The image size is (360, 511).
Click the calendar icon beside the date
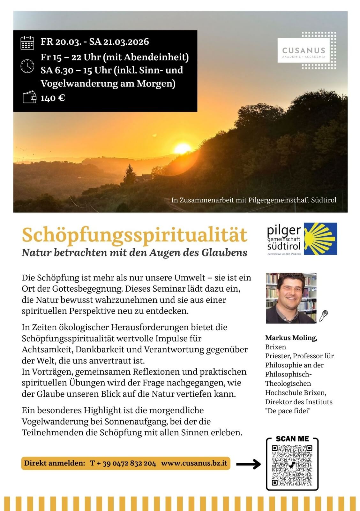point(27,43)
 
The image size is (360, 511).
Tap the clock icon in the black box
point(27,66)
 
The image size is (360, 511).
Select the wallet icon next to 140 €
point(29,97)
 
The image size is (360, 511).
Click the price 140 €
point(53,98)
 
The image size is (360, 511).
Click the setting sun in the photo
point(183,149)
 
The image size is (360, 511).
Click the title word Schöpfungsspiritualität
point(134,235)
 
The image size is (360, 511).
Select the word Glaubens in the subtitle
point(224,253)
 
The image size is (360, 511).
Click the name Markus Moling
point(291,338)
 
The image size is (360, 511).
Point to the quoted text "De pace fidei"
point(288,411)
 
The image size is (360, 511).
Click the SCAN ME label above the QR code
point(292,439)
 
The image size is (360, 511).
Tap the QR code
point(292,465)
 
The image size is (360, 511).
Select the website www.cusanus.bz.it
point(194,463)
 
